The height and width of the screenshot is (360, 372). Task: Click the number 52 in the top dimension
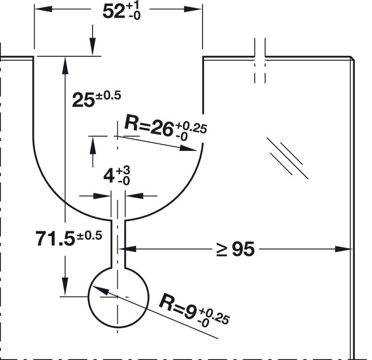[114, 12]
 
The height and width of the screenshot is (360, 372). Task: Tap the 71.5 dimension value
[55, 239]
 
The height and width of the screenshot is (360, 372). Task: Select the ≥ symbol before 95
[222, 250]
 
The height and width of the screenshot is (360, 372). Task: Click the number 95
[243, 250]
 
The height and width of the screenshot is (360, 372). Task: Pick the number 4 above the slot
[109, 177]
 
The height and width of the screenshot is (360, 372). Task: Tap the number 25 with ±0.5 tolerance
[83, 101]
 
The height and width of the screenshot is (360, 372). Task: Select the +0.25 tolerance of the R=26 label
[191, 128]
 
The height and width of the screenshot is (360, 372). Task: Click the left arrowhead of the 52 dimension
[43, 9]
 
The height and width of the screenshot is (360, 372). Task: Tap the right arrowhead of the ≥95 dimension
[343, 249]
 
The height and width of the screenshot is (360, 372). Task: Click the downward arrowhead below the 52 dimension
[93, 47]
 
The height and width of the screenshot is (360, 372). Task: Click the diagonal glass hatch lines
[287, 158]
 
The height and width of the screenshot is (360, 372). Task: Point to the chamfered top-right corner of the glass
[352, 58]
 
